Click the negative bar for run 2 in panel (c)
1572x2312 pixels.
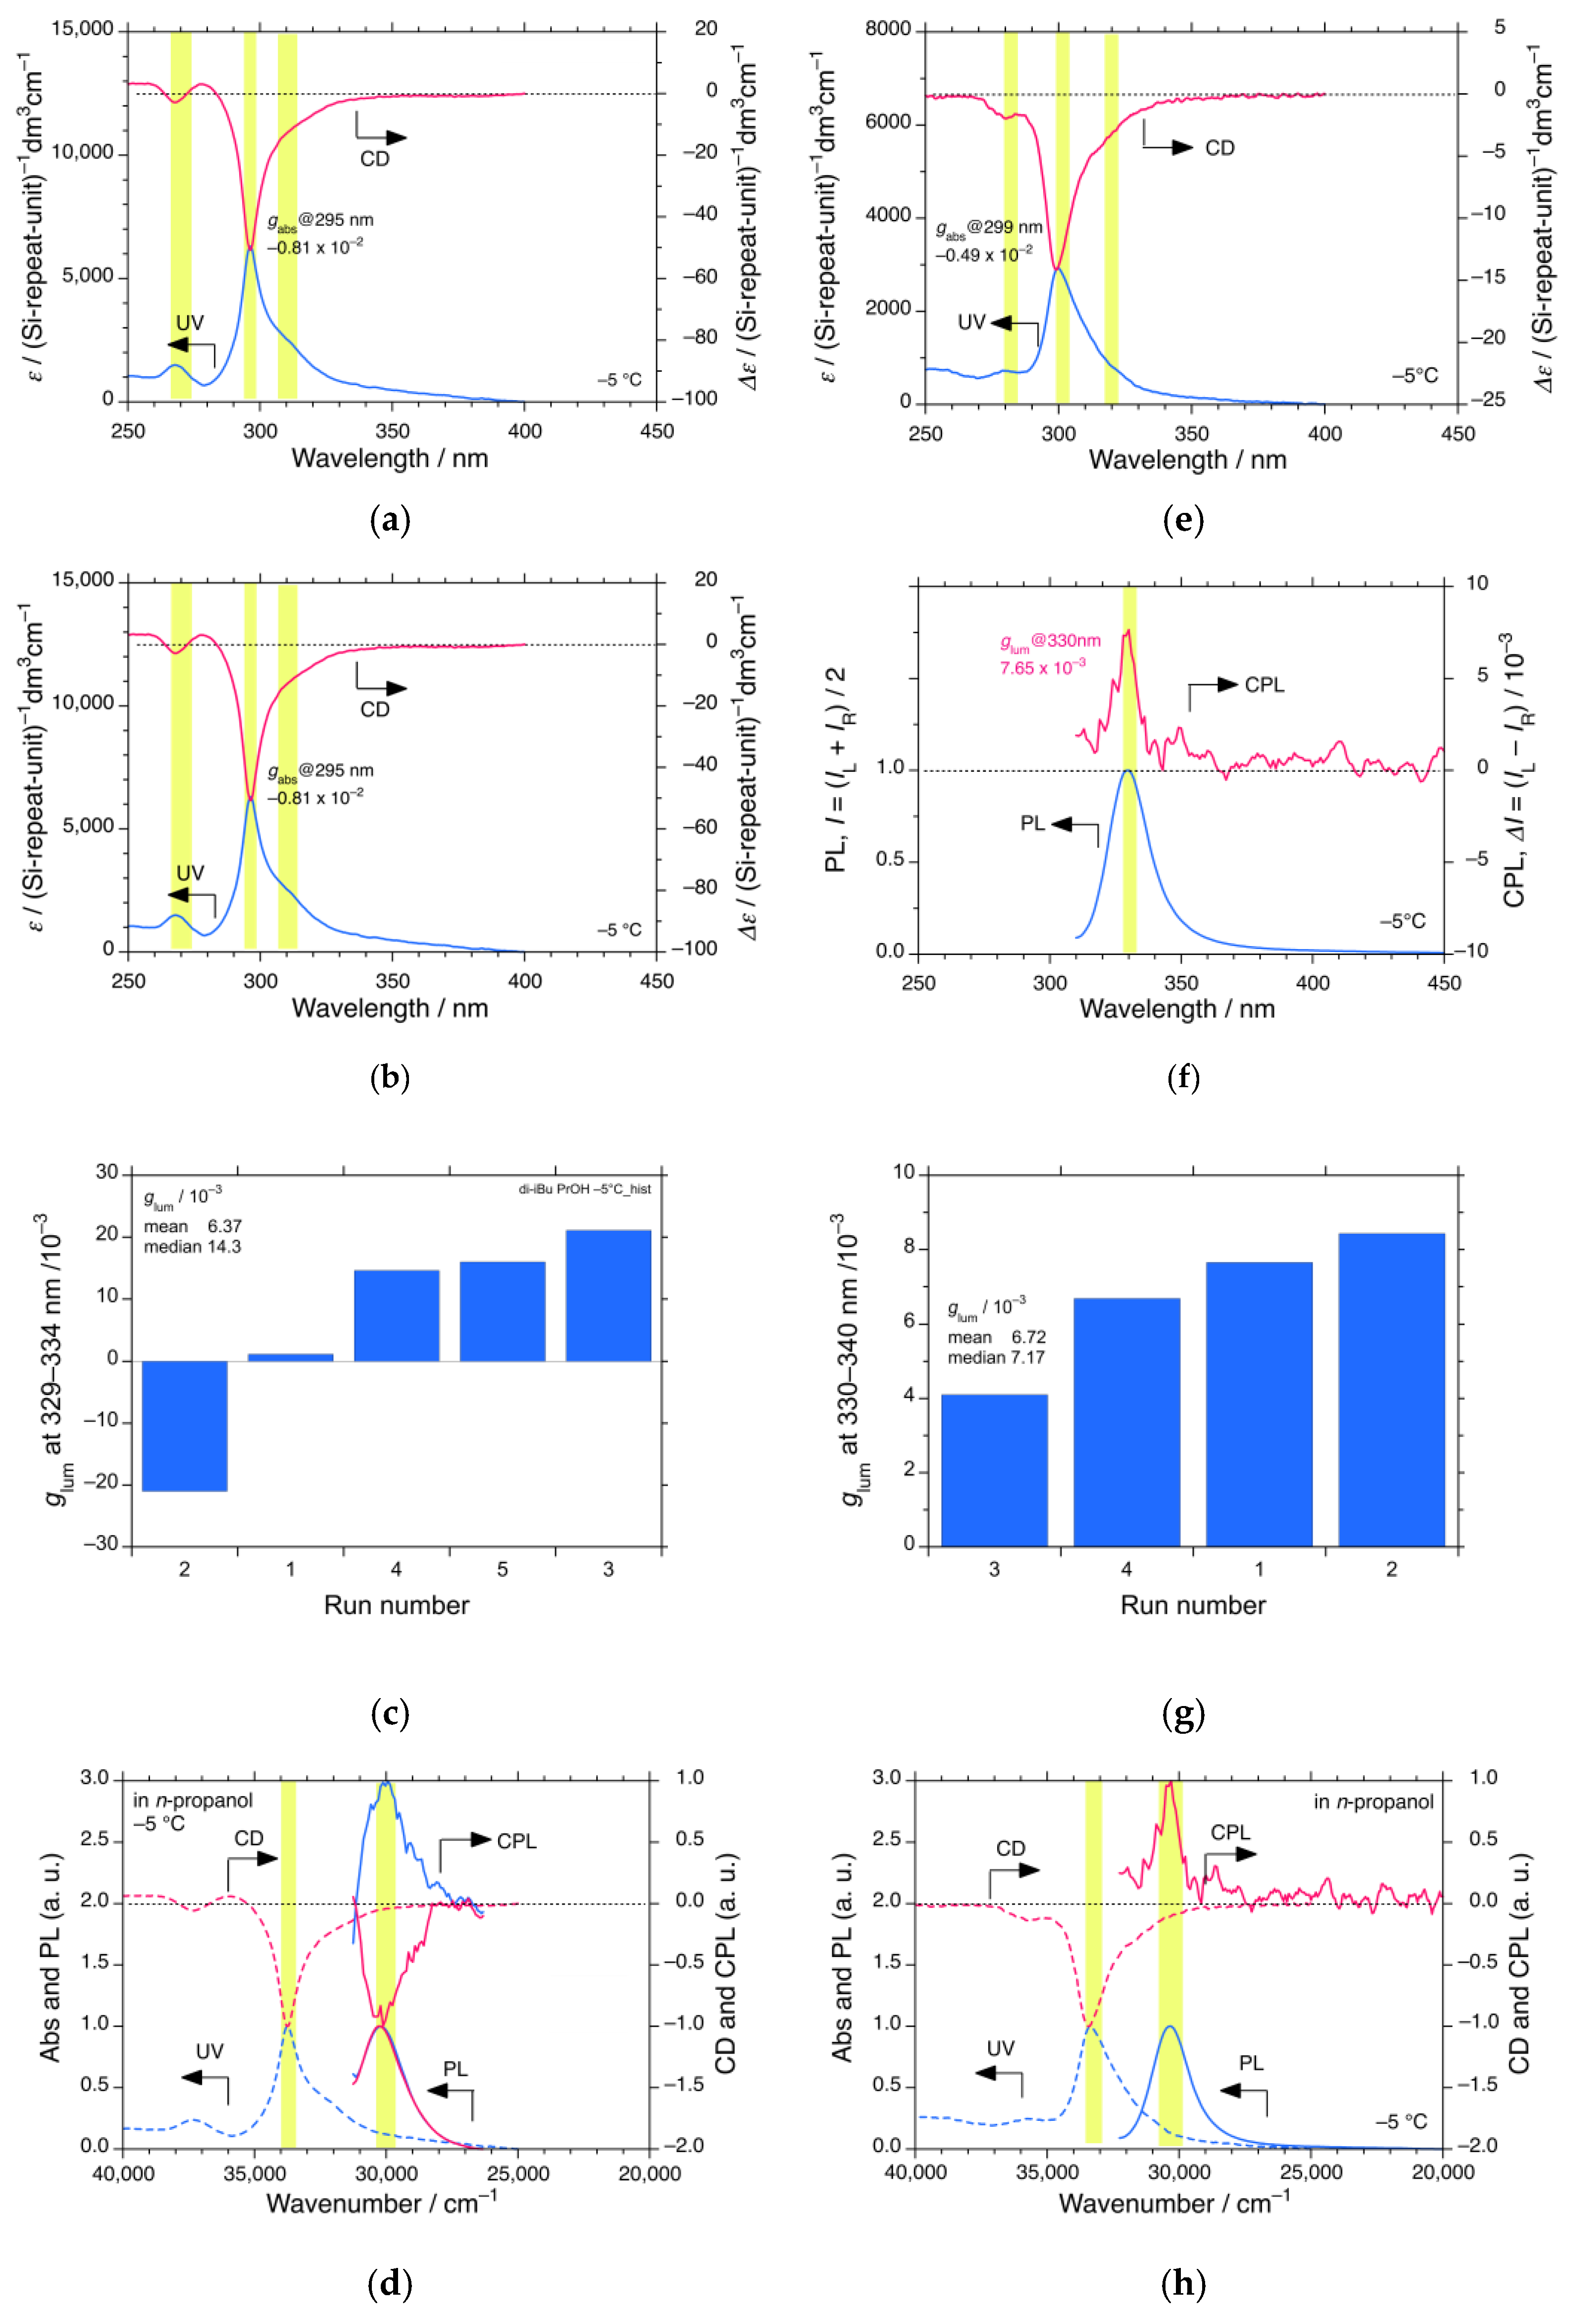click(185, 1425)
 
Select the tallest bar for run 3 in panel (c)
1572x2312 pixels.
click(608, 1295)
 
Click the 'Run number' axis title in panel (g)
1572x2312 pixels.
click(1193, 1605)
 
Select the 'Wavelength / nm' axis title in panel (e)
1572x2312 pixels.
click(1188, 459)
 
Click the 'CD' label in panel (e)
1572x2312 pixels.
click(1220, 148)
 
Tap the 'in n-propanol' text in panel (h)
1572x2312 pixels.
click(1373, 1802)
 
